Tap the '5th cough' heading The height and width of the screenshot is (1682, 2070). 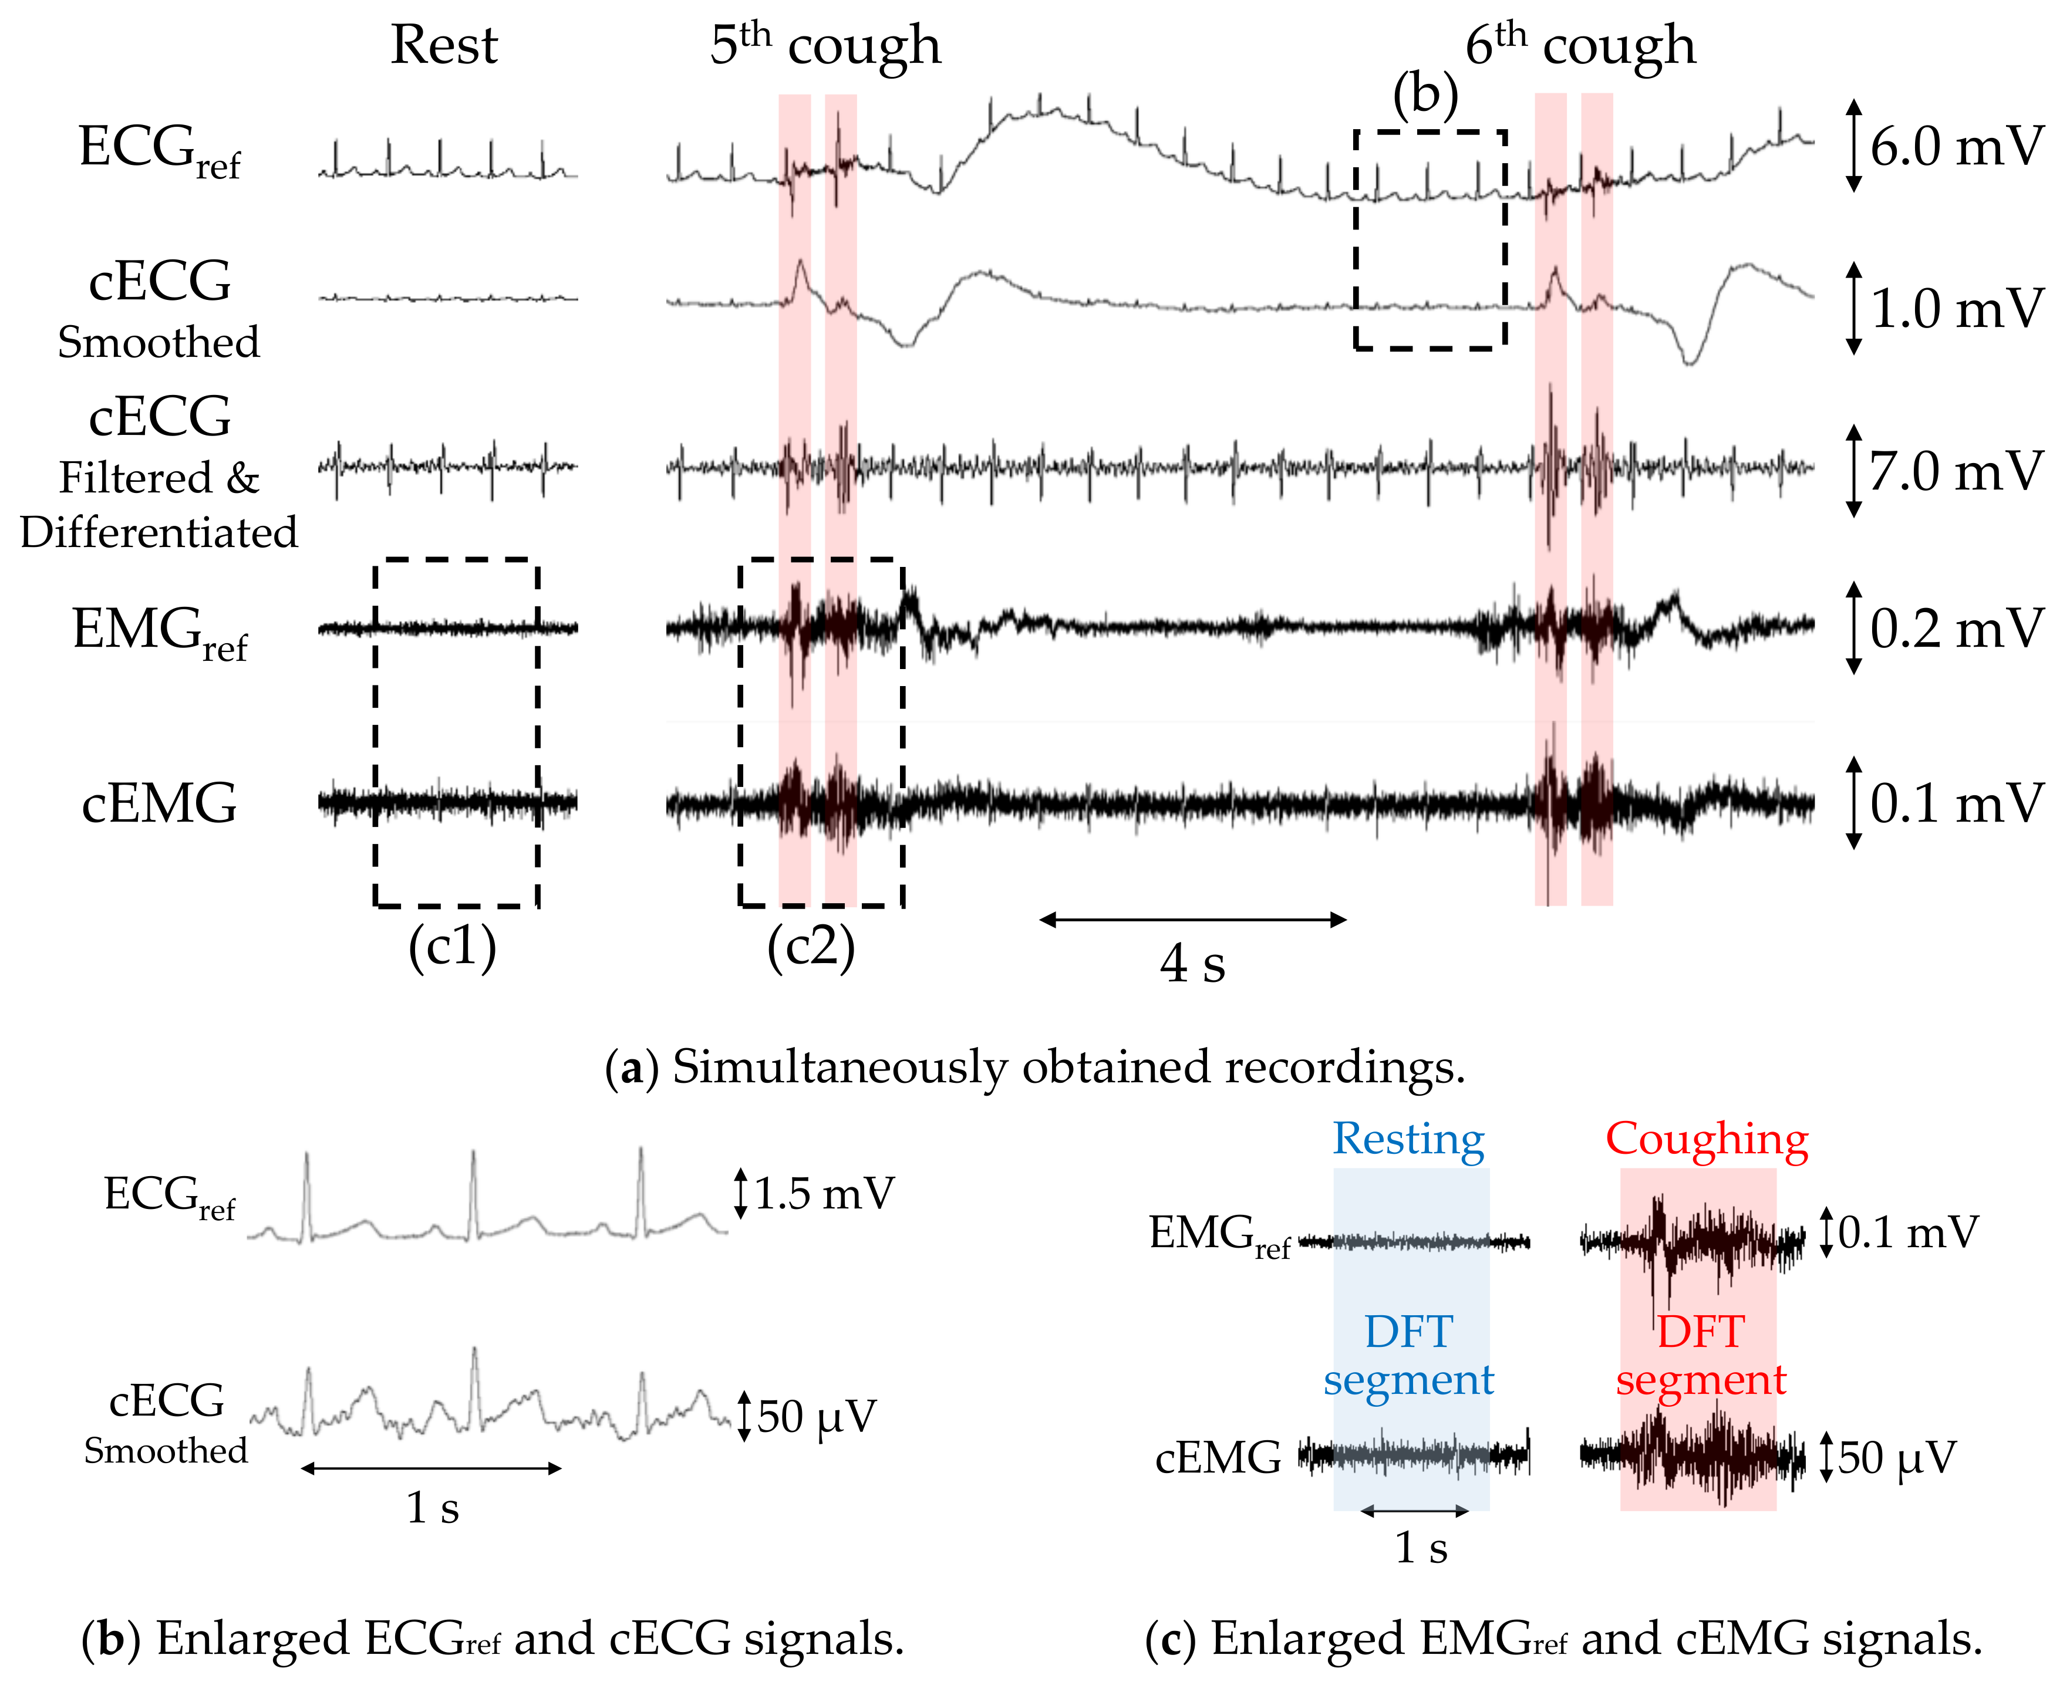point(825,46)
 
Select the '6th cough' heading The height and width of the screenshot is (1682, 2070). point(1580,46)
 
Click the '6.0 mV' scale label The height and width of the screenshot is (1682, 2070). point(1956,147)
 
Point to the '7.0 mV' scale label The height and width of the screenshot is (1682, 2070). point(1956,472)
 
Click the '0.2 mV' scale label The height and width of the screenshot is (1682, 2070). point(1956,629)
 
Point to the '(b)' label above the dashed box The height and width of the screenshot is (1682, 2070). point(1425,96)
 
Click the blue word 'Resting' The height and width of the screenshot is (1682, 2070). point(1408,1139)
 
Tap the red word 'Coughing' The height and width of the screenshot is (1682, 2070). point(1707,1139)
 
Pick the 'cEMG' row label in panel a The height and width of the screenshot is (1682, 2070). point(159,804)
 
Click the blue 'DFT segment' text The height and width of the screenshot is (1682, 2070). point(1408,1356)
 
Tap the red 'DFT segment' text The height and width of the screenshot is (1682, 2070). point(1701,1356)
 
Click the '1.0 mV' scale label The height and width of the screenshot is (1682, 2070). point(1956,309)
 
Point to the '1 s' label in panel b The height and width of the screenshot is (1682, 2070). point(432,1508)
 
